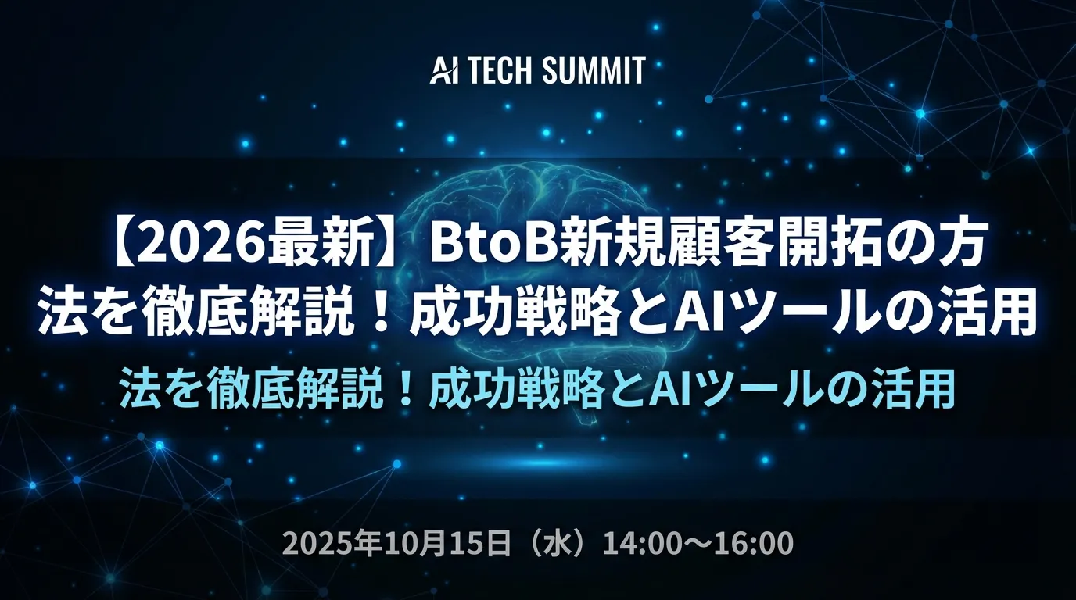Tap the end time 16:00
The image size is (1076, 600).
(x=753, y=542)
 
